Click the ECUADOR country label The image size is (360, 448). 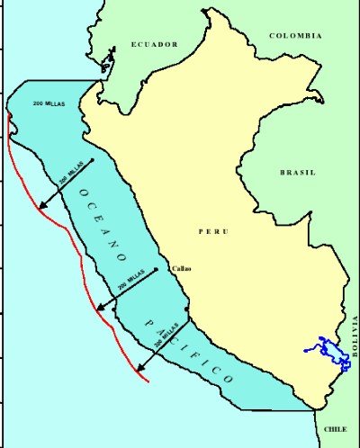(x=154, y=44)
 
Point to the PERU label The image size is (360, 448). (x=213, y=231)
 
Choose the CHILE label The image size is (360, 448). (x=335, y=430)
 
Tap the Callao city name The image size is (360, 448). (x=180, y=268)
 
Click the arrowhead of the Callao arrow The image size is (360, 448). (x=100, y=310)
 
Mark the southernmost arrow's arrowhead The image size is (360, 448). (x=139, y=369)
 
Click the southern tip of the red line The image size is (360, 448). (x=149, y=381)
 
